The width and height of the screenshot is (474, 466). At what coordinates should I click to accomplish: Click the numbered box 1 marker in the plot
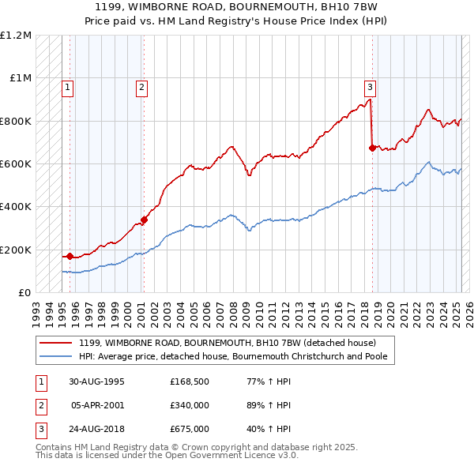tap(69, 88)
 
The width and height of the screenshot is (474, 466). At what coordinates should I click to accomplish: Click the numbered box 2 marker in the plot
tap(141, 88)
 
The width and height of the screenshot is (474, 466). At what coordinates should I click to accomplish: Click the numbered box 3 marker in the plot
tap(370, 88)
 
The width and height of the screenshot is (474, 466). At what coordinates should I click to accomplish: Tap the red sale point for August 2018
tap(372, 147)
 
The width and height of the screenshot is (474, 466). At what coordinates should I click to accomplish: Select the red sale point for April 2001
tap(145, 220)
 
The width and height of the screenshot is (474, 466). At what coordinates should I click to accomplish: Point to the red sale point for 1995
tap(70, 256)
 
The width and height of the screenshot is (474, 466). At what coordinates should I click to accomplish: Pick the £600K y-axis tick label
tap(16, 164)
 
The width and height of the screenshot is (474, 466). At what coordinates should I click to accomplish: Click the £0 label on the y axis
tap(24, 293)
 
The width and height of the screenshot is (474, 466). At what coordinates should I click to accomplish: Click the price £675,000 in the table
tap(190, 429)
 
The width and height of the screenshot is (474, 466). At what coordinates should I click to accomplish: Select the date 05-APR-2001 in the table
tap(97, 405)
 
